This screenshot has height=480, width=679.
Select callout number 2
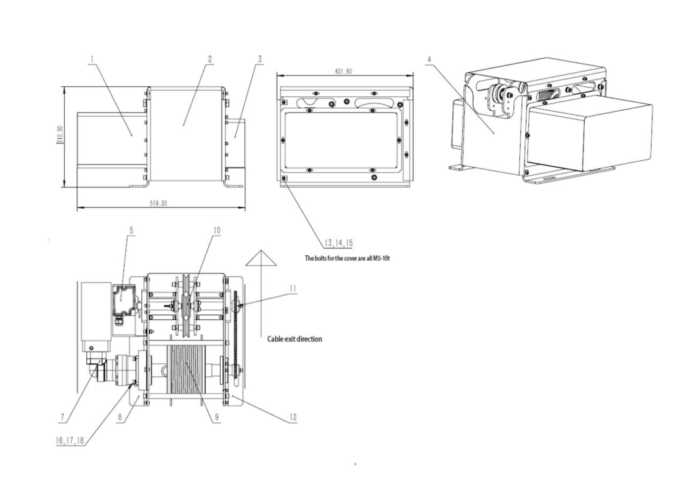coord(210,58)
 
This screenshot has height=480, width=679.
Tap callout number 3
coord(260,58)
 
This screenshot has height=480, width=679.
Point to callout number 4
coord(430,58)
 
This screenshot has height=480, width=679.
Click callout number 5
coord(131,230)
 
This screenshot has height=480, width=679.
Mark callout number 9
coord(217,418)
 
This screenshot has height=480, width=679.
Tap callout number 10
coord(217,230)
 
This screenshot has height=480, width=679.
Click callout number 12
coord(293,418)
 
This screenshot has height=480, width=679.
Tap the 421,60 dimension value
coord(343,72)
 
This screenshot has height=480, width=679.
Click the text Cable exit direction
coord(294,339)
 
